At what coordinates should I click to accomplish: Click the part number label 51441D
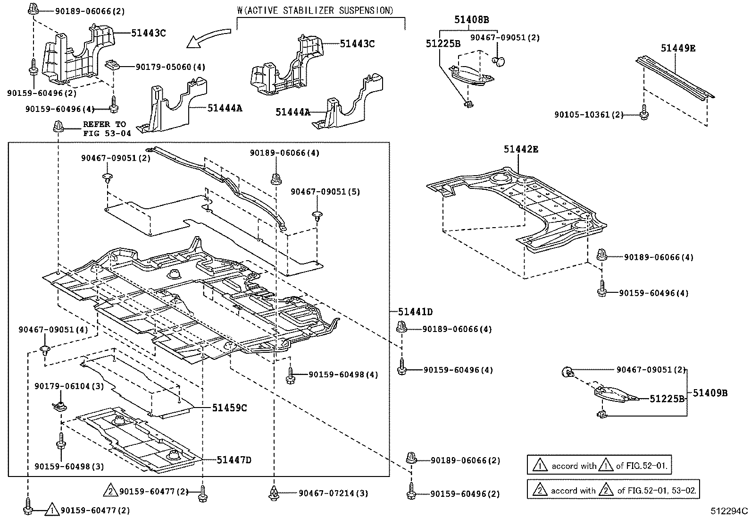tap(415, 312)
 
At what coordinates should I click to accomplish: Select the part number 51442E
tap(521, 149)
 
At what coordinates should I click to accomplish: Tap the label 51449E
tap(678, 48)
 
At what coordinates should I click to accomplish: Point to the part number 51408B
tap(471, 19)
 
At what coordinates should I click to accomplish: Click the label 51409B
tap(710, 393)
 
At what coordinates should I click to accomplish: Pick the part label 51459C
tap(229, 408)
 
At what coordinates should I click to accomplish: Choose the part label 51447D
tap(234, 459)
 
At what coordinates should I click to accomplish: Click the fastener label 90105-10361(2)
tap(588, 115)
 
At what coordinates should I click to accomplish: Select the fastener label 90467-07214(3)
tap(333, 493)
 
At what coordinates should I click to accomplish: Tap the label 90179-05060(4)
tap(170, 67)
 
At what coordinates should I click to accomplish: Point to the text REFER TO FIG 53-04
tap(107, 128)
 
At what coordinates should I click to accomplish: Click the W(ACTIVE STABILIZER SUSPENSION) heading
tap(315, 10)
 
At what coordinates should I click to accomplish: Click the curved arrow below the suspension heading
tap(208, 38)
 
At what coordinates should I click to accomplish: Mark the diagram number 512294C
tap(729, 511)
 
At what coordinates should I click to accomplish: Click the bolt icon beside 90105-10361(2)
tap(644, 112)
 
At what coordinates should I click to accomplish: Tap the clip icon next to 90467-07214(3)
tap(274, 493)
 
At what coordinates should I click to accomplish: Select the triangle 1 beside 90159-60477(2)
tap(52, 509)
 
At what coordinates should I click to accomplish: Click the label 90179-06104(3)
tap(69, 386)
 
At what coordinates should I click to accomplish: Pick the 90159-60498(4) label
tap(343, 374)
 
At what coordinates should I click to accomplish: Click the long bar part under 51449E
tap(675, 77)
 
